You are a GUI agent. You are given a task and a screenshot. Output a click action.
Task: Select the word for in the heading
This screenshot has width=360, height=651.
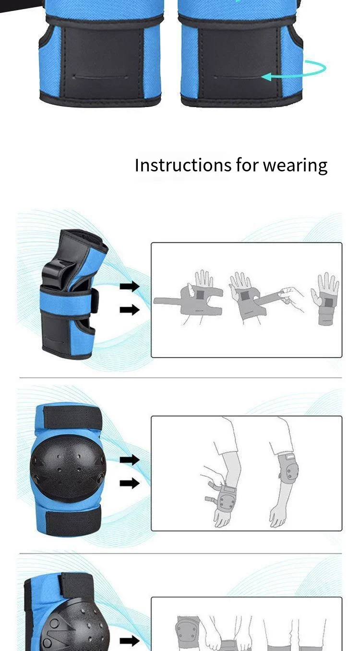[x=247, y=165]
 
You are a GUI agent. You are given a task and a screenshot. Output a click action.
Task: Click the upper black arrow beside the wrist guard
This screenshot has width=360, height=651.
[x=130, y=287]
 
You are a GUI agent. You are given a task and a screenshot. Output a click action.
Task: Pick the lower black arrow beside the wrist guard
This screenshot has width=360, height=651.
[x=130, y=310]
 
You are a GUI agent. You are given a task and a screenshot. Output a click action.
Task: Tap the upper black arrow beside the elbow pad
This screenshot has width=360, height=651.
[x=130, y=460]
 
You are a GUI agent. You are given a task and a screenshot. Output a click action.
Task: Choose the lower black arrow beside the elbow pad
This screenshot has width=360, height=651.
[x=130, y=483]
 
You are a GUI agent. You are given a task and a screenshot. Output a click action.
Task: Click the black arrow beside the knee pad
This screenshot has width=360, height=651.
[x=130, y=640]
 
